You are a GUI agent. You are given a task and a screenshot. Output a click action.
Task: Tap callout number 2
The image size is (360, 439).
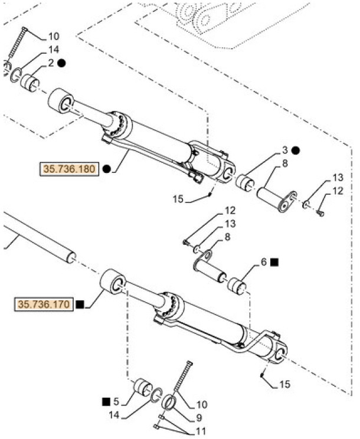(x=51, y=63)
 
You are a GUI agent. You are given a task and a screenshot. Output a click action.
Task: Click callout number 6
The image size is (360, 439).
(x=264, y=261)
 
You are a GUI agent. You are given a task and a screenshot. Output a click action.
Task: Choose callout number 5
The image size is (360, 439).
(x=116, y=401)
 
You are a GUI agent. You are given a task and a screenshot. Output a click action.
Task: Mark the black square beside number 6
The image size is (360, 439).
(x=276, y=261)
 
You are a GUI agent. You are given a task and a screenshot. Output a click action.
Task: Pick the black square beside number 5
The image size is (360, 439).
(x=106, y=401)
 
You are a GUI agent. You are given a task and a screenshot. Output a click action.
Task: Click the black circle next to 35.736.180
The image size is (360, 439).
(x=106, y=169)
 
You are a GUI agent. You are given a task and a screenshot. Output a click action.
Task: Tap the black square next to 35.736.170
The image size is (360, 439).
(x=80, y=304)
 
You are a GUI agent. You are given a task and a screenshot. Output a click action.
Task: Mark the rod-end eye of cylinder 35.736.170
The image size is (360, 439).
(x=113, y=283)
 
